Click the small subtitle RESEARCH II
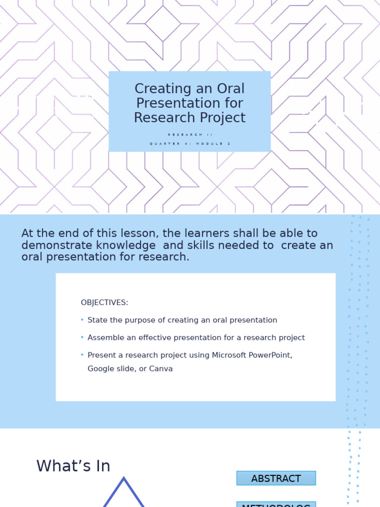190,135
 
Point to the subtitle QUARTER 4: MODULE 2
190,144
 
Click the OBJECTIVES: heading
104,303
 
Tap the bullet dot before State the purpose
82,320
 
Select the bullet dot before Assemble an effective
82,337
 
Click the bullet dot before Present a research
82,355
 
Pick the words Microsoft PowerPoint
252,355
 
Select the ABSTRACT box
276,478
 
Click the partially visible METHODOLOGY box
276,505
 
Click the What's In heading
73,466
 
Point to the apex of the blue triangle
124,479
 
